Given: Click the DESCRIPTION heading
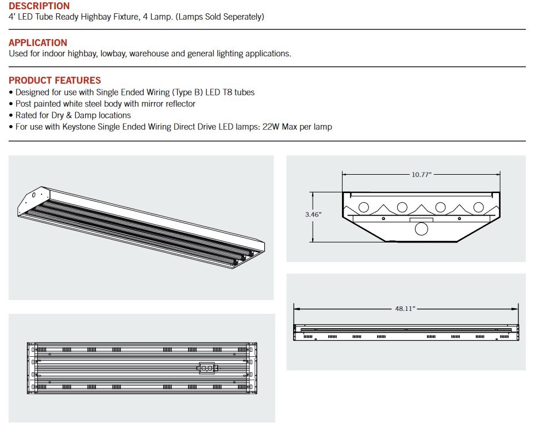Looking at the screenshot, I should [39, 6].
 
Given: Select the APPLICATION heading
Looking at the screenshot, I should [38, 43].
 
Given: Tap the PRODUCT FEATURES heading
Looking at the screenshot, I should [55, 80].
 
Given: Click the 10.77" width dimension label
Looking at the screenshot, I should [421, 175].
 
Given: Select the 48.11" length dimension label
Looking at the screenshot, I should [405, 309].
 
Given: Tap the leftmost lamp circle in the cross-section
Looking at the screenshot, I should [364, 207].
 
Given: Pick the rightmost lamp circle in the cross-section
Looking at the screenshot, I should [478, 207].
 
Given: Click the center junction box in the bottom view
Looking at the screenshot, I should [206, 367].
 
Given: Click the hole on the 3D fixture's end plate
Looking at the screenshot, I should [33, 195].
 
